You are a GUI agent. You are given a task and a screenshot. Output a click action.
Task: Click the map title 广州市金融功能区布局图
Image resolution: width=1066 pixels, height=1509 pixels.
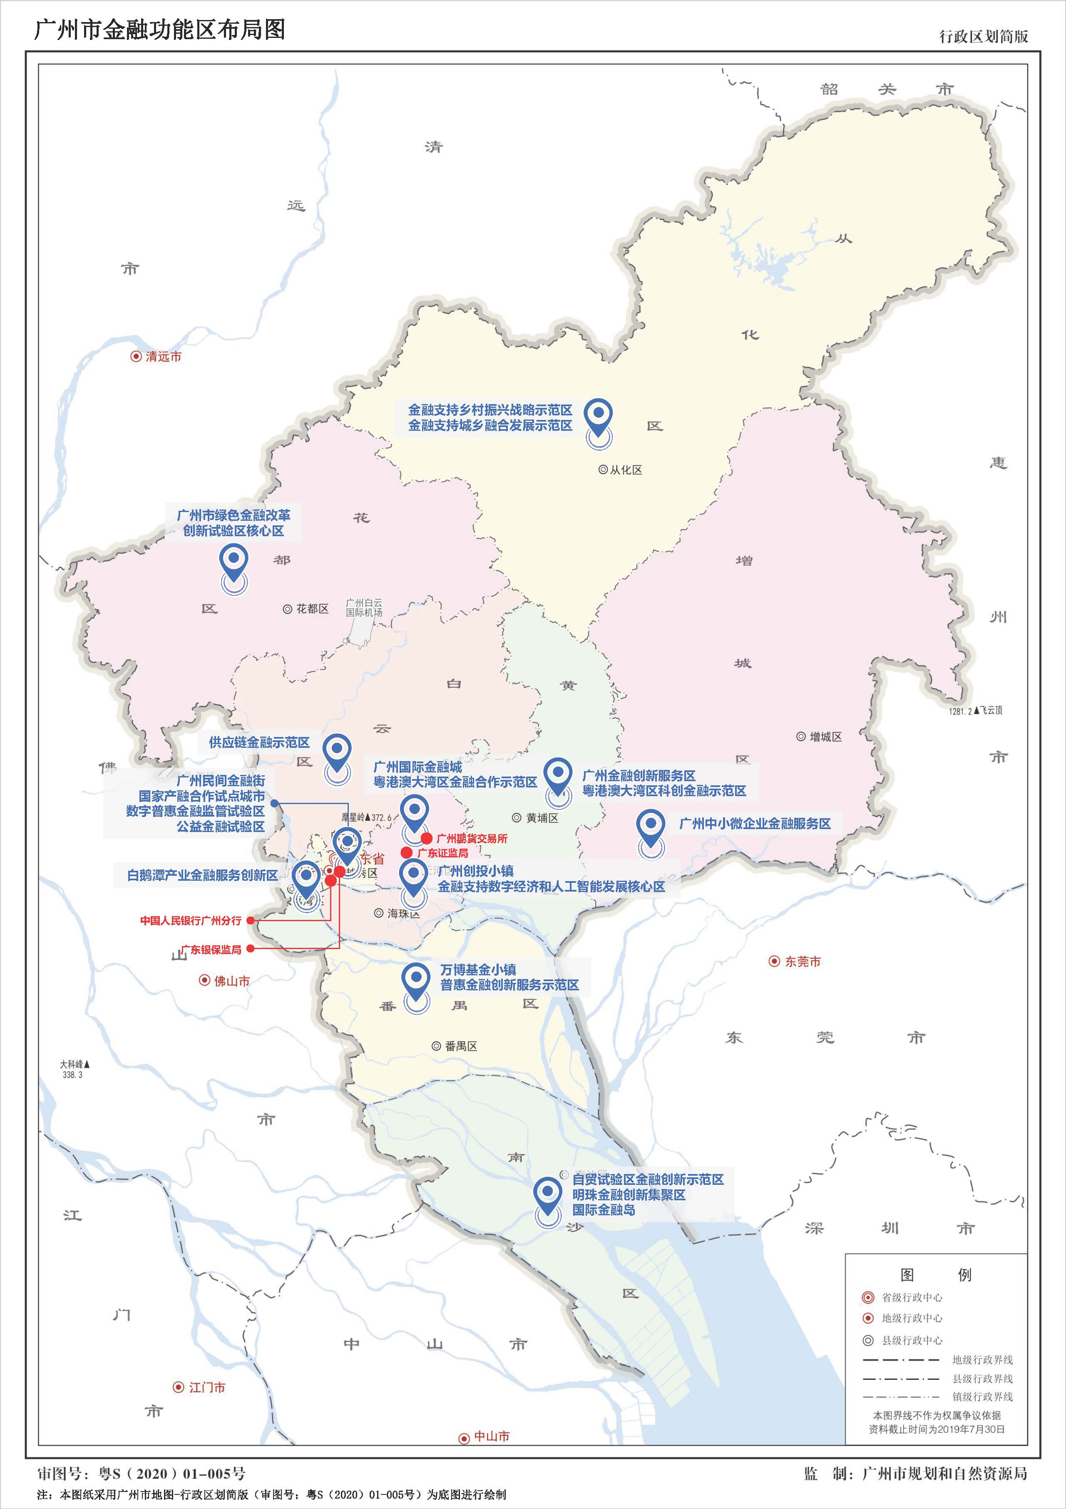159,30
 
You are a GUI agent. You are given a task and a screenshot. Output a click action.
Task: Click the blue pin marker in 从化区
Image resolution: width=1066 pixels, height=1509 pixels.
599,418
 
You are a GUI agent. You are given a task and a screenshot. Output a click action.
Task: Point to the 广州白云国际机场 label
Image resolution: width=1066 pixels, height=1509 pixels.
364,607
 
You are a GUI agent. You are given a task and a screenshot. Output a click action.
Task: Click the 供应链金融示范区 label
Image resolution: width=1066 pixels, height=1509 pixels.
259,743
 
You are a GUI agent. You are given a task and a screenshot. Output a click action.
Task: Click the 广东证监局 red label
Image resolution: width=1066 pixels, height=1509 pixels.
443,853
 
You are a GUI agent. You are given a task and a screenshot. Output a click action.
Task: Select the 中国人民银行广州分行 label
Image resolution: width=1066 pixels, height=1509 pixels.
191,921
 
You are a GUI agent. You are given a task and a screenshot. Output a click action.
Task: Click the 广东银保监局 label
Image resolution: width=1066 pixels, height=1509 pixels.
211,950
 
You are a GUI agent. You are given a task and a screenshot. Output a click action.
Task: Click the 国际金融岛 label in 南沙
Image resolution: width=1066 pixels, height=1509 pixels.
603,1210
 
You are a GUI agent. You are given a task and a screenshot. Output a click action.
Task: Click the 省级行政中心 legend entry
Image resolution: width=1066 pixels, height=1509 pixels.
911,1297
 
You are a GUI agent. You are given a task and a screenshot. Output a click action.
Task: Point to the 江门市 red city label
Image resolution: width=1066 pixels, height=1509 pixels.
206,1387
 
